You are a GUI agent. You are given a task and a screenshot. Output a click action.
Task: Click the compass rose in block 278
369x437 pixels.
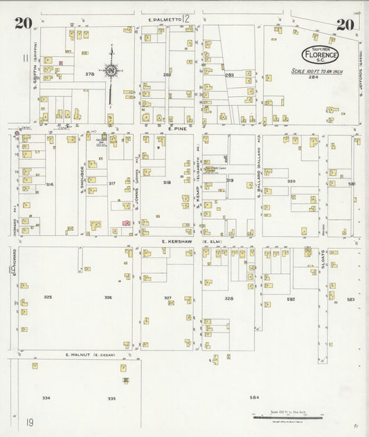[110, 70]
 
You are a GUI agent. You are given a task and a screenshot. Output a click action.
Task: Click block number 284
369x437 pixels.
[315, 77]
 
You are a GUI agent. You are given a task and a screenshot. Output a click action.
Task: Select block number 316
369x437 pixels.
[50, 185]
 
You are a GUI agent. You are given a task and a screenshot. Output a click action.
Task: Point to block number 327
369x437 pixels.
[168, 298]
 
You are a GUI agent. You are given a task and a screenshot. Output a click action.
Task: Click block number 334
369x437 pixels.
[46, 398]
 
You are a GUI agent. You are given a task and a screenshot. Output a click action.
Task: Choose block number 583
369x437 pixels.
[351, 299]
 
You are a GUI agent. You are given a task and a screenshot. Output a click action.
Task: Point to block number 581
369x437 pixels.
[352, 184]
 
